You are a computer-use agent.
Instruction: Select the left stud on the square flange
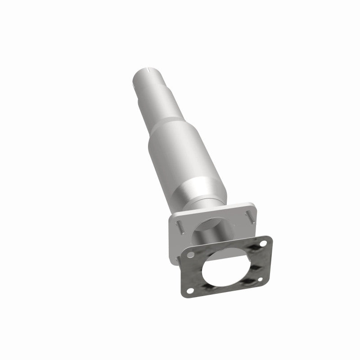[179, 224]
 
